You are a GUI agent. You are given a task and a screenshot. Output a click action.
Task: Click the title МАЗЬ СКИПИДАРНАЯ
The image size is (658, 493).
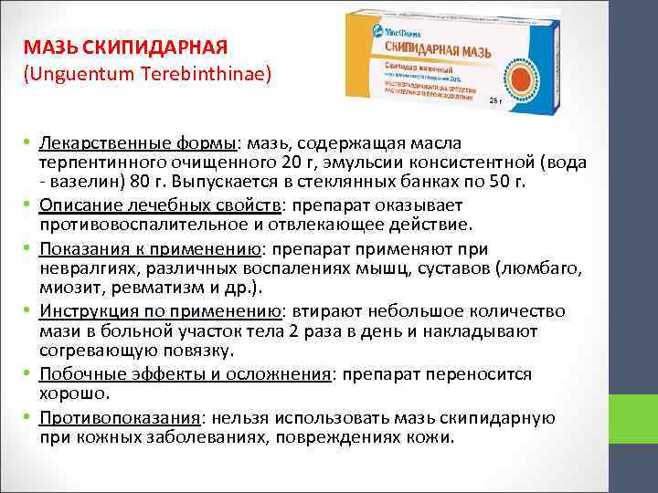[x=126, y=47]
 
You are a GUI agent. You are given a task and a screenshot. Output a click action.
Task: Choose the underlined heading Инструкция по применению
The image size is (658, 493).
[x=156, y=311]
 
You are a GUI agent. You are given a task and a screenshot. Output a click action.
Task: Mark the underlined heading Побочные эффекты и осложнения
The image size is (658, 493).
[x=182, y=374]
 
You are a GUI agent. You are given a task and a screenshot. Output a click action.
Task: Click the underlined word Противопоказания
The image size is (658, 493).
[x=120, y=417]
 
